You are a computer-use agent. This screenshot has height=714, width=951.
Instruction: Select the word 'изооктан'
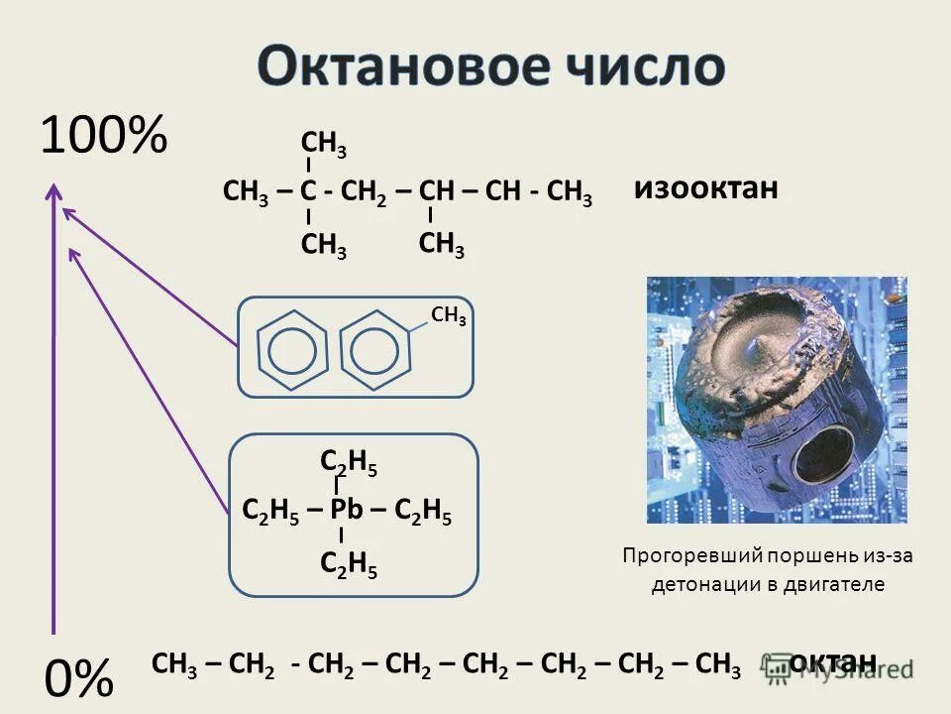pyautogui.click(x=706, y=188)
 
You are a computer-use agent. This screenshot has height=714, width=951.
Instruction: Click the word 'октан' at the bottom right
pyautogui.click(x=833, y=661)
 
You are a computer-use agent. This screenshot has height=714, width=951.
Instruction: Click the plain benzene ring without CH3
pyautogui.click(x=292, y=347)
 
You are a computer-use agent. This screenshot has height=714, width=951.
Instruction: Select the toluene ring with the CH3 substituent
pyautogui.click(x=376, y=347)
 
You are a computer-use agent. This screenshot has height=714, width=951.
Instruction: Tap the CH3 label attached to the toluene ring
pyautogui.click(x=449, y=316)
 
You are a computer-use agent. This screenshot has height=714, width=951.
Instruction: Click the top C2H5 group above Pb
pyautogui.click(x=349, y=462)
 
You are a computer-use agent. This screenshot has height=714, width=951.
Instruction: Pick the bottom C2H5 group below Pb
pyautogui.click(x=349, y=563)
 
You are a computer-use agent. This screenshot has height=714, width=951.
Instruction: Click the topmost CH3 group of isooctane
pyautogui.click(x=323, y=149)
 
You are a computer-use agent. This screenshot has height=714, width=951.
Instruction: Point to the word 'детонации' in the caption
pyautogui.click(x=700, y=584)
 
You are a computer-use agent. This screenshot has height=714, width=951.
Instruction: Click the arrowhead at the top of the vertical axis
pyautogui.click(x=53, y=191)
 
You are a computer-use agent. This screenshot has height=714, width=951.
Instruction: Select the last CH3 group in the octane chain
pyautogui.click(x=718, y=663)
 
